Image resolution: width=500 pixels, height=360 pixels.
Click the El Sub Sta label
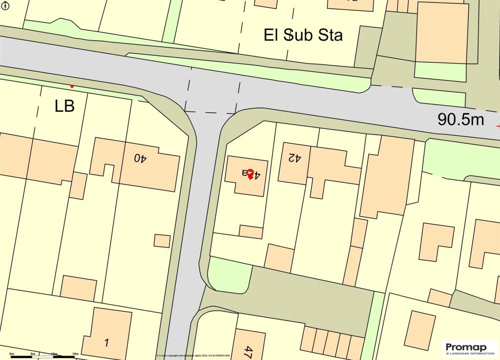pyautogui.click(x=303, y=35)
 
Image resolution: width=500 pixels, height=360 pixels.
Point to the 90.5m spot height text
pyautogui.click(x=460, y=119)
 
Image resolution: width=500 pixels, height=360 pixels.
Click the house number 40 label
pyautogui.click(x=141, y=158)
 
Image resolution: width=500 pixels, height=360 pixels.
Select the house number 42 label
pyautogui.click(x=294, y=158)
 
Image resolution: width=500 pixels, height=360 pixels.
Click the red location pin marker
pyautogui.click(x=250, y=174)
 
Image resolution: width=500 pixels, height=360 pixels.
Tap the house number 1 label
pyautogui.click(x=106, y=342)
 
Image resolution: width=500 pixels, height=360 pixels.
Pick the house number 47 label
pyautogui.click(x=249, y=351)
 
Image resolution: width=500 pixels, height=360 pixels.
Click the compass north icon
pyautogui.click(x=5, y=5)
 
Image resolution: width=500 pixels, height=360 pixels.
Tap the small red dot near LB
pyautogui.click(x=72, y=86)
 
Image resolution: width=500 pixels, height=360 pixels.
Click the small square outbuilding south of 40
pyautogui.click(x=162, y=241)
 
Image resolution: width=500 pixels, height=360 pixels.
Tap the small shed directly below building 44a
pyautogui.click(x=251, y=232)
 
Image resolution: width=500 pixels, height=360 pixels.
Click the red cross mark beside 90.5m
pyautogui.click(x=498, y=125)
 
